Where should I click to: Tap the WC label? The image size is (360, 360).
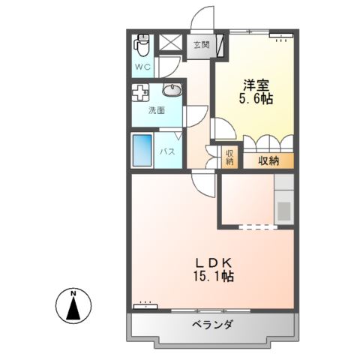[x=143, y=67]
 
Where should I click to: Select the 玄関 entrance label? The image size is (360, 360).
[x=200, y=45]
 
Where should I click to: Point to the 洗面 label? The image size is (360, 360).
[x=156, y=112]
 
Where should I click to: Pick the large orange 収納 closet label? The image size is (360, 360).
[x=268, y=160]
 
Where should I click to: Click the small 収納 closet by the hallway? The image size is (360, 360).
[x=229, y=158]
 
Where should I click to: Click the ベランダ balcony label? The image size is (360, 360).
[x=212, y=325]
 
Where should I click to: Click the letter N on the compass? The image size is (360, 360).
[x=73, y=292]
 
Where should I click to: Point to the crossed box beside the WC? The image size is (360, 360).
[x=171, y=43]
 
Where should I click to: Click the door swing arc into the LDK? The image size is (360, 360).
[x=199, y=181]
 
